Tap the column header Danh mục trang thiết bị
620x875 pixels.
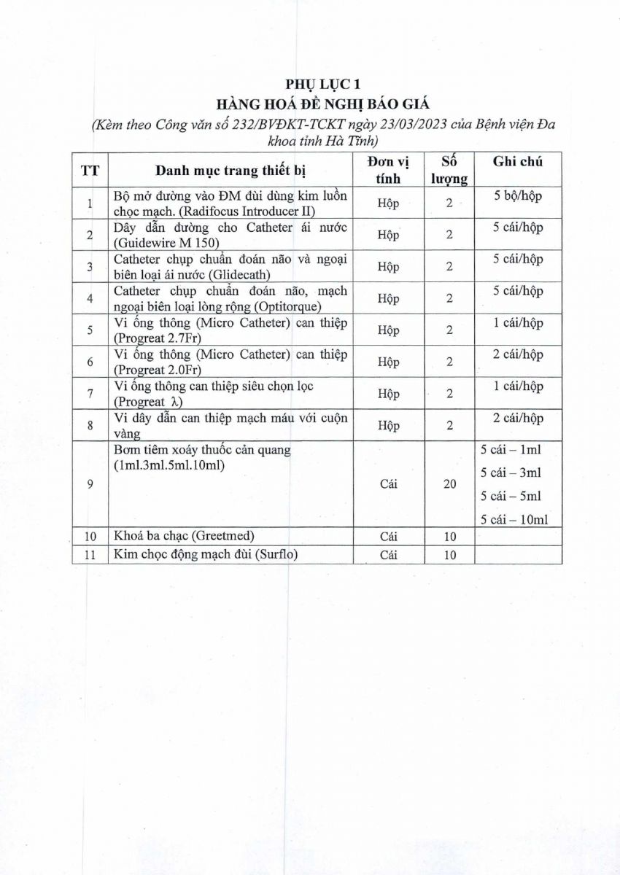tap(230, 171)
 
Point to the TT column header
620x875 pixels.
tap(90, 171)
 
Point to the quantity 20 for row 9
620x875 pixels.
tap(449, 484)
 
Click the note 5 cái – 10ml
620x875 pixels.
tap(514, 519)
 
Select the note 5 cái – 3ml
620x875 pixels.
tap(511, 472)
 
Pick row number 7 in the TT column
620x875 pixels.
tap(90, 394)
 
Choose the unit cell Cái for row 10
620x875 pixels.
tap(388, 537)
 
